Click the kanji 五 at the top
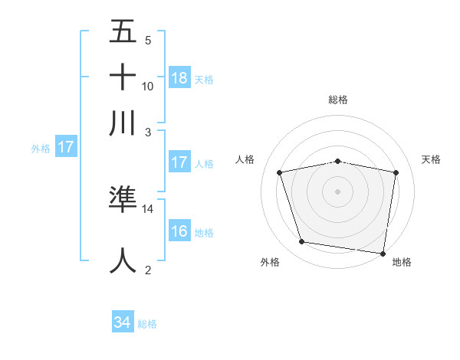pyautogui.click(x=123, y=31)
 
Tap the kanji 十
pyautogui.click(x=123, y=77)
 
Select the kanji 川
pyautogui.click(x=123, y=123)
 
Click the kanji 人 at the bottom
pyautogui.click(x=123, y=260)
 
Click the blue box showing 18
pyautogui.click(x=179, y=77)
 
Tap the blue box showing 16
pyautogui.click(x=179, y=231)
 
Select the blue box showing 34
pyautogui.click(x=123, y=322)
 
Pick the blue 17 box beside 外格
pyautogui.click(x=66, y=147)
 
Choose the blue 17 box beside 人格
pyautogui.click(x=179, y=162)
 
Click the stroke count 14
pyautogui.click(x=148, y=208)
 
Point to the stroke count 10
pyautogui.click(x=148, y=86)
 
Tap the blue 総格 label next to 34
pyautogui.click(x=147, y=324)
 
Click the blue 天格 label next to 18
pyautogui.click(x=204, y=79)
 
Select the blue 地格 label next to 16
pyautogui.click(x=204, y=233)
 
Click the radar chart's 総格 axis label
pyautogui.click(x=338, y=100)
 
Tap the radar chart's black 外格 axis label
pyautogui.click(x=270, y=262)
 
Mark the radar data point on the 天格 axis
pyautogui.click(x=396, y=172)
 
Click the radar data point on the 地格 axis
pyautogui.click(x=382, y=252)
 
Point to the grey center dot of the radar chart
pyautogui.click(x=338, y=191)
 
